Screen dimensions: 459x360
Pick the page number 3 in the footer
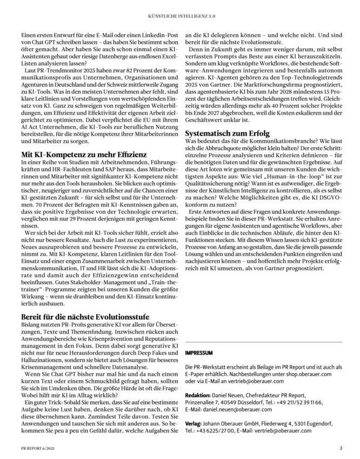coord(341,448)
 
